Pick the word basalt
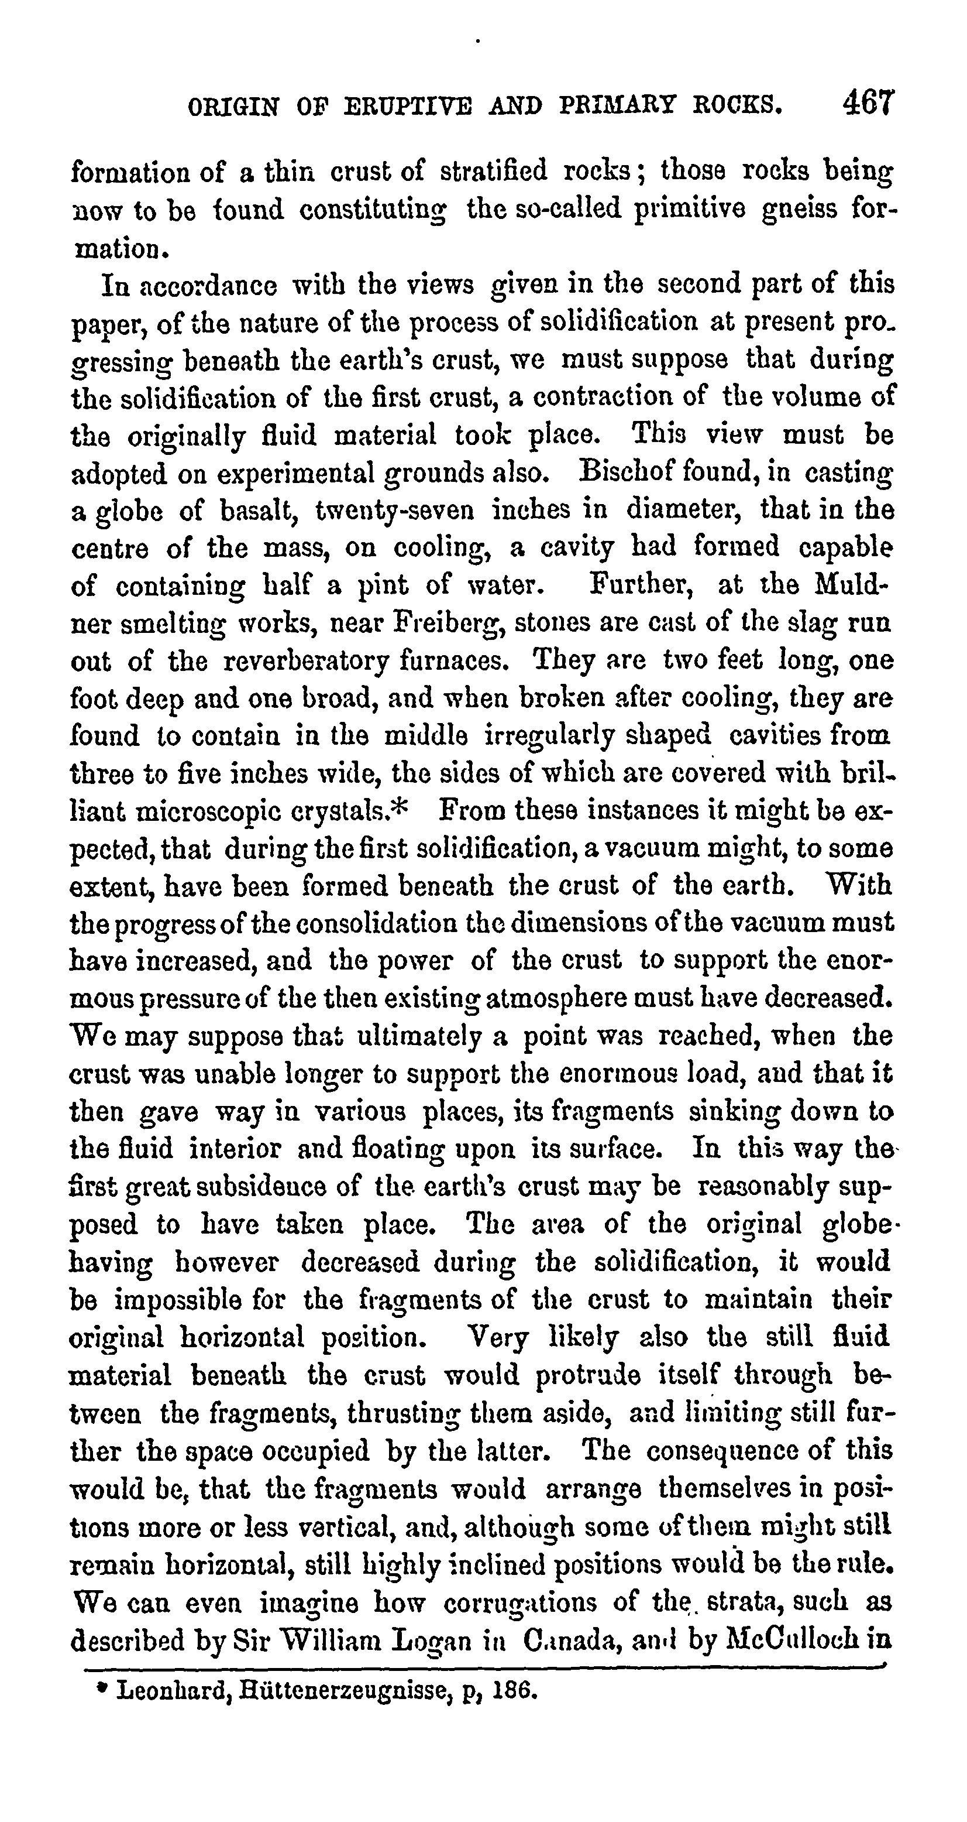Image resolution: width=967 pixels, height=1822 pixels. tap(251, 510)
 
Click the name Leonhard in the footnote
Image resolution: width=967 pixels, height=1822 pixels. tap(166, 1690)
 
